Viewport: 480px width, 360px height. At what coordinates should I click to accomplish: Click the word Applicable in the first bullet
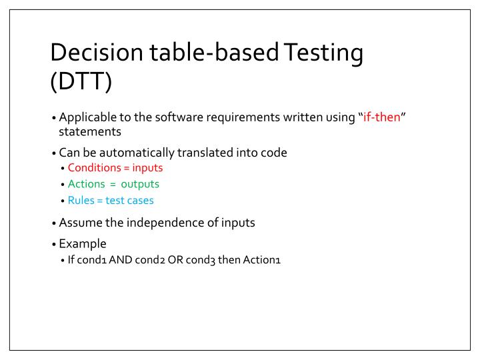(x=85, y=118)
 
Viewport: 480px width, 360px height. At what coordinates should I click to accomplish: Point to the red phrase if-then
(x=381, y=118)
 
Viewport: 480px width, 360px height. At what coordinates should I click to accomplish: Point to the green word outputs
(x=140, y=184)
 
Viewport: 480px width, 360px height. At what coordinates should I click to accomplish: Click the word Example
(x=83, y=244)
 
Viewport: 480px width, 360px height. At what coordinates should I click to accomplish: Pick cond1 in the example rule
(x=91, y=260)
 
